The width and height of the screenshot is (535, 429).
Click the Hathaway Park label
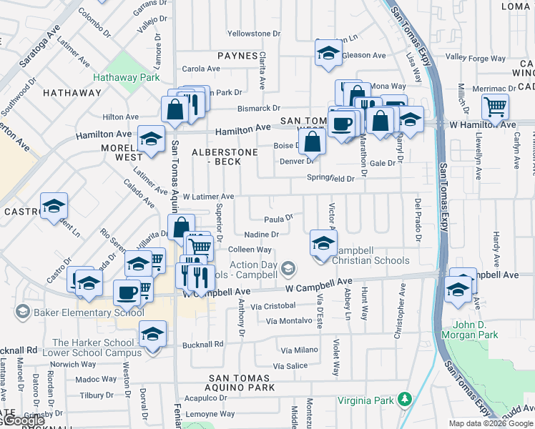point(119,77)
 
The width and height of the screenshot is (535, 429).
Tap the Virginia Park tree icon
point(405,398)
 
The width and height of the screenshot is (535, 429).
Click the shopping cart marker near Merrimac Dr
point(495,107)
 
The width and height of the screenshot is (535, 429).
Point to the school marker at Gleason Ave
point(328,53)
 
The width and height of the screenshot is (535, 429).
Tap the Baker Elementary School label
point(79,312)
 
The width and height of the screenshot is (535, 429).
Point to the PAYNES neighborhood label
point(237,56)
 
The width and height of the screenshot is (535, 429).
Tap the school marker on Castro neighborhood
point(54,207)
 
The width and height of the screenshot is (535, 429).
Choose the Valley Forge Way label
point(475,57)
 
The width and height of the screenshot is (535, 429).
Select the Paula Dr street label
point(278,219)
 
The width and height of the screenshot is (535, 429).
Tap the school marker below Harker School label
point(152,335)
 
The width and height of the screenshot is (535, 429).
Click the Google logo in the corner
point(24,421)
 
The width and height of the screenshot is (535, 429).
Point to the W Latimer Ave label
point(208,196)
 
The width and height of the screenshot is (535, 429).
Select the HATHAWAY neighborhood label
point(72,93)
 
